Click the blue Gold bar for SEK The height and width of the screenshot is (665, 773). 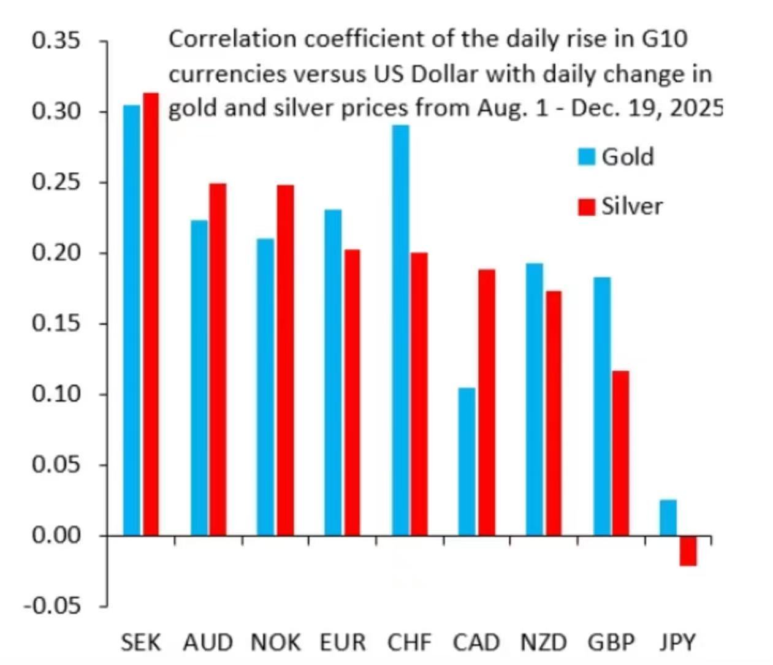132,320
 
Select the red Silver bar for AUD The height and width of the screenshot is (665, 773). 218,359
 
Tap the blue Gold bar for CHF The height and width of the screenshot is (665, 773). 401,330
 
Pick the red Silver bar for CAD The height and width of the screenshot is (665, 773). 487,402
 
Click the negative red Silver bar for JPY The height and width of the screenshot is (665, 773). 688,550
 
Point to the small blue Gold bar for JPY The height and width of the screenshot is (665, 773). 668,518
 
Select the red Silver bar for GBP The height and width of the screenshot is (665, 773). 620,453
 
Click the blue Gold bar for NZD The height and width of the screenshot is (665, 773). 535,399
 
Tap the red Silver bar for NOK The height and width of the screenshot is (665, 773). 285,360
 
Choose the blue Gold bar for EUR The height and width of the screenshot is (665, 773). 333,372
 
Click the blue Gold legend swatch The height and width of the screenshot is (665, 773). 587,157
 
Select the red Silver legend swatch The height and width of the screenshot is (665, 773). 587,207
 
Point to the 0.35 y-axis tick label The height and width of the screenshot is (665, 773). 56,41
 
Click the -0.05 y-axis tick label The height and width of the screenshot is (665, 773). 53,606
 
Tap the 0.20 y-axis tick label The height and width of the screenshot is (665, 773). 56,253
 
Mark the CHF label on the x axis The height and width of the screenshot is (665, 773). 409,642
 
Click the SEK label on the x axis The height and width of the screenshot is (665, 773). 140,642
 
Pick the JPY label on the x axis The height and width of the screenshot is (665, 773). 678,642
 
